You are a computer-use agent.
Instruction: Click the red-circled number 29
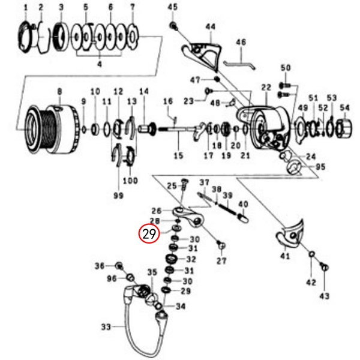[149, 234]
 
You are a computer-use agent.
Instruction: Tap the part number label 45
[173, 7]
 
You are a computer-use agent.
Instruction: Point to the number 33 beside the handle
[106, 328]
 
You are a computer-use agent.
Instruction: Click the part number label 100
[130, 181]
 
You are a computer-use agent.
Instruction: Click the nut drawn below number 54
[344, 127]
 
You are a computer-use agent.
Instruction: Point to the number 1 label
[26, 7]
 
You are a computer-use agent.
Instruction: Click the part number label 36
[100, 266]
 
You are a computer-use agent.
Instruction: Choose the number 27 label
[222, 262]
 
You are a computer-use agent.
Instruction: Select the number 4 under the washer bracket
[100, 64]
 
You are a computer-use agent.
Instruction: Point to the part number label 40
[242, 205]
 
